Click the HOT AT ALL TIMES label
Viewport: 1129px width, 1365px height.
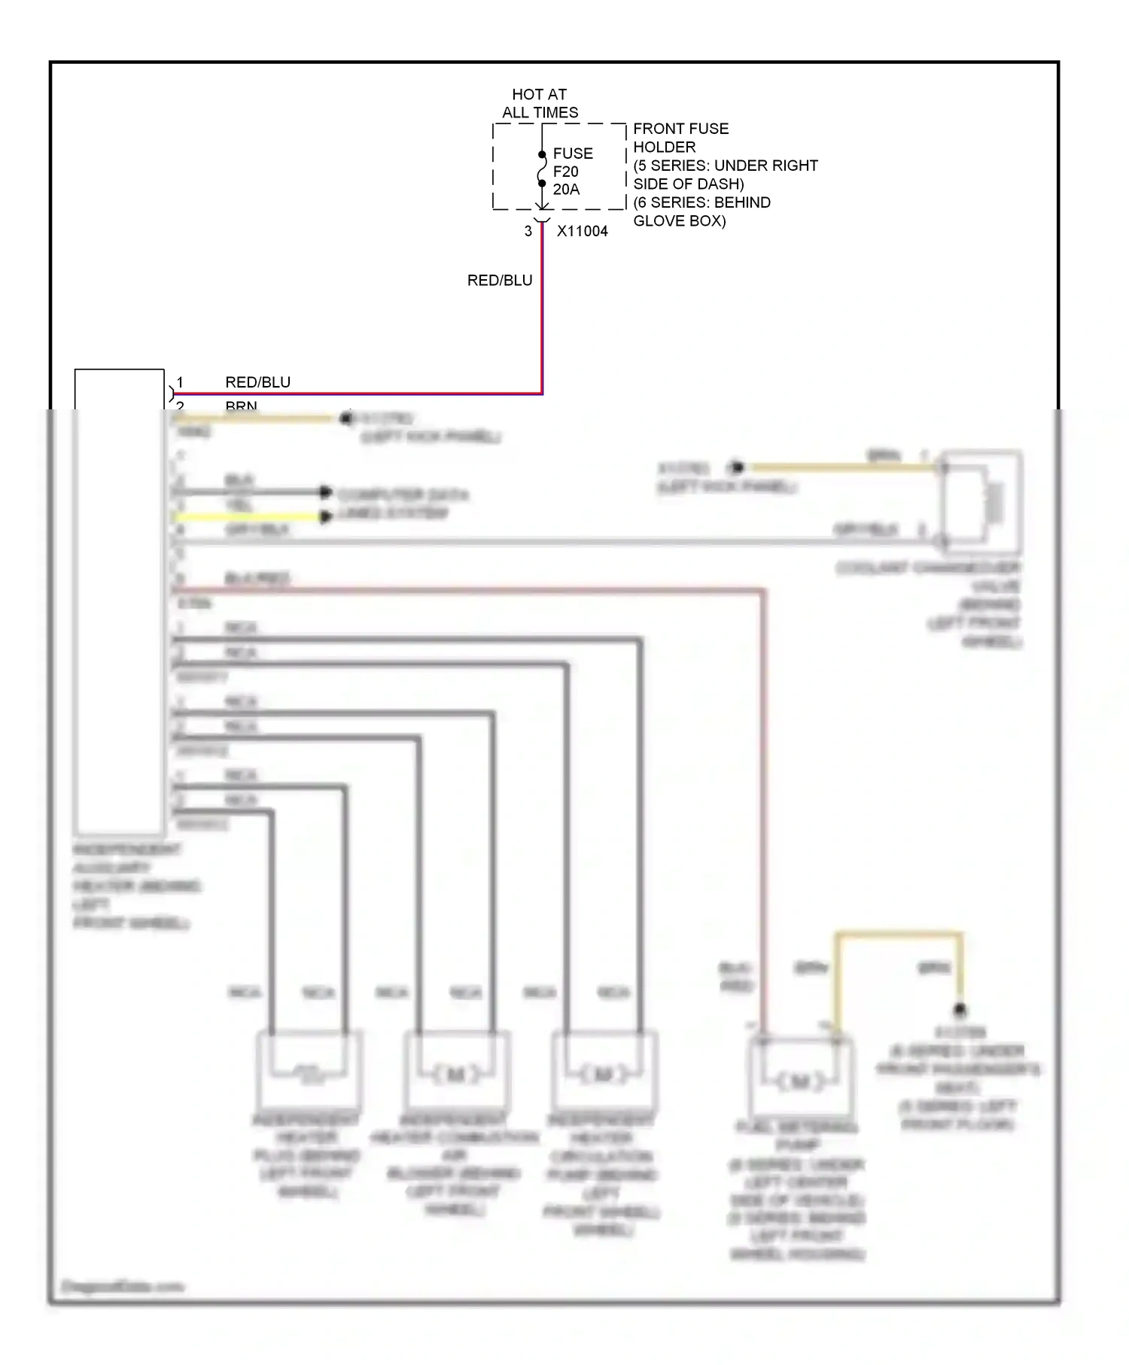tap(540, 104)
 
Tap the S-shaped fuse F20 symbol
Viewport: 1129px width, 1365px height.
tap(542, 169)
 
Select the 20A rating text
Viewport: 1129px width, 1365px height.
tap(566, 190)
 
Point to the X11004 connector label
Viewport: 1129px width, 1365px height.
tap(582, 232)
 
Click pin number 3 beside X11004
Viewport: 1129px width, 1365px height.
tap(528, 232)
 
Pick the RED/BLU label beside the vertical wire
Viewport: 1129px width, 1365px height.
tap(500, 281)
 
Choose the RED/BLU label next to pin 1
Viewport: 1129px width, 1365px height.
tap(257, 382)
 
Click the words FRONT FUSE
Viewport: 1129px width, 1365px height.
tap(680, 129)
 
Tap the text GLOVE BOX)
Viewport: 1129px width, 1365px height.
tap(679, 221)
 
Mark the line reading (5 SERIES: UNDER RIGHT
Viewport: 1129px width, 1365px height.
tap(725, 166)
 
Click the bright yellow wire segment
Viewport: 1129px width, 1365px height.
tap(248, 517)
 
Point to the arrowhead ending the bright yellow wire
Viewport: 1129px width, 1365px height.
tap(326, 517)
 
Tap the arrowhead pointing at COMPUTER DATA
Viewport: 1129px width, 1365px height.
tap(326, 492)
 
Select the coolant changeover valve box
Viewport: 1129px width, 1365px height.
tap(981, 497)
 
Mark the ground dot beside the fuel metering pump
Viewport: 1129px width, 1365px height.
tap(960, 1010)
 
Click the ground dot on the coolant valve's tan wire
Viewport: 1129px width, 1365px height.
tap(738, 467)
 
